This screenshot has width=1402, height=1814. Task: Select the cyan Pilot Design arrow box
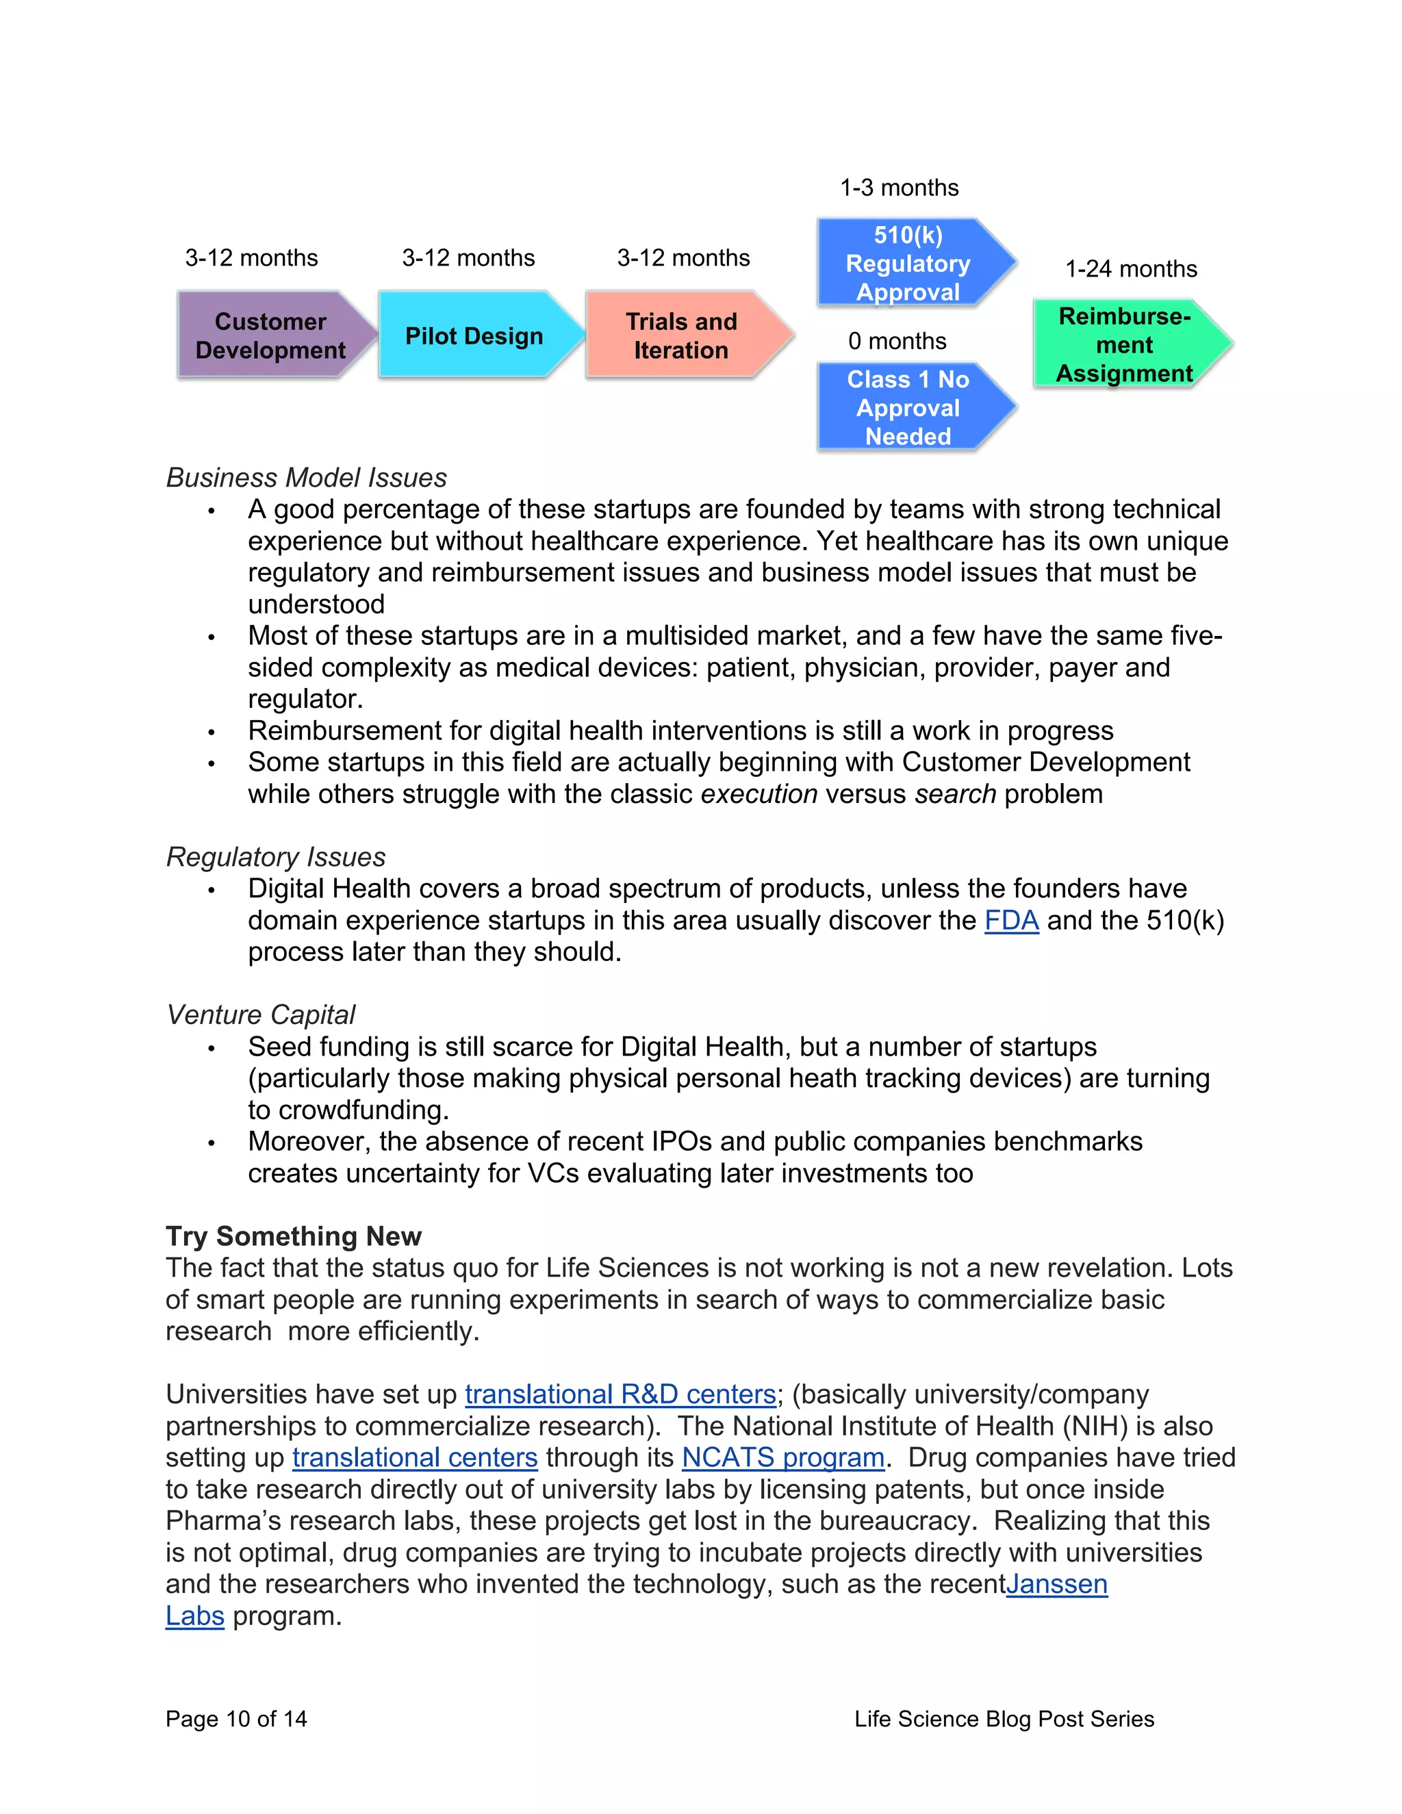click(x=474, y=335)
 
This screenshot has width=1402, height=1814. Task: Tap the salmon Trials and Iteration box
click(x=681, y=335)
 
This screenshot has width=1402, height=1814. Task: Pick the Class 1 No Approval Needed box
click(x=908, y=408)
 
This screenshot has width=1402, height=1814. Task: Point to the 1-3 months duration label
click(x=899, y=188)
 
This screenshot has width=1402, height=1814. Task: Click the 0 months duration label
click(x=897, y=342)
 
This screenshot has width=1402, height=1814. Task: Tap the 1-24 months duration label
click(x=1131, y=269)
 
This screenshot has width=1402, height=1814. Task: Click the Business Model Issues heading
click(x=307, y=478)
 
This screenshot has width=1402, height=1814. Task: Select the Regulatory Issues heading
click(x=276, y=857)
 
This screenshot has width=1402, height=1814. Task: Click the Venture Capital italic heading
click(x=261, y=1015)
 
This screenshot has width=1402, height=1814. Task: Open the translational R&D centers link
click(x=620, y=1394)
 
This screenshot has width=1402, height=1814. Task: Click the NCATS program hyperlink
click(x=782, y=1457)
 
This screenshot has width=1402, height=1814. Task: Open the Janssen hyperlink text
click(x=1056, y=1585)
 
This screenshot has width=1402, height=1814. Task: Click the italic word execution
click(x=759, y=795)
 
